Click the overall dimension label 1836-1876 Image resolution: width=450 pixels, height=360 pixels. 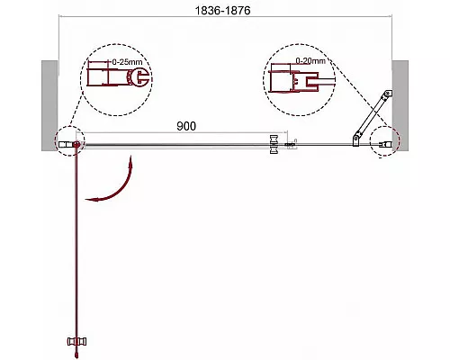pyautogui.click(x=222, y=11)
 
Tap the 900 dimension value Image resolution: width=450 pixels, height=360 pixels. pyautogui.click(x=186, y=126)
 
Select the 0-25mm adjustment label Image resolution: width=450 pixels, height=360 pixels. pyautogui.click(x=127, y=62)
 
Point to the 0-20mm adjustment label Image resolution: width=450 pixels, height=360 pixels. pyautogui.click(x=310, y=61)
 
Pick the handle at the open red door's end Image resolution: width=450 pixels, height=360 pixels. pyautogui.click(x=77, y=341)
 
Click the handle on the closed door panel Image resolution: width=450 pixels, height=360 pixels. pyautogui.click(x=274, y=144)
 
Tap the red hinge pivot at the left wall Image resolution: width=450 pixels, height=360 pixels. pyautogui.click(x=76, y=145)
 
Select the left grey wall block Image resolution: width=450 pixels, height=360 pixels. pyautogui.click(x=49, y=105)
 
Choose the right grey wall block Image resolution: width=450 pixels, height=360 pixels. pyautogui.click(x=400, y=105)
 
